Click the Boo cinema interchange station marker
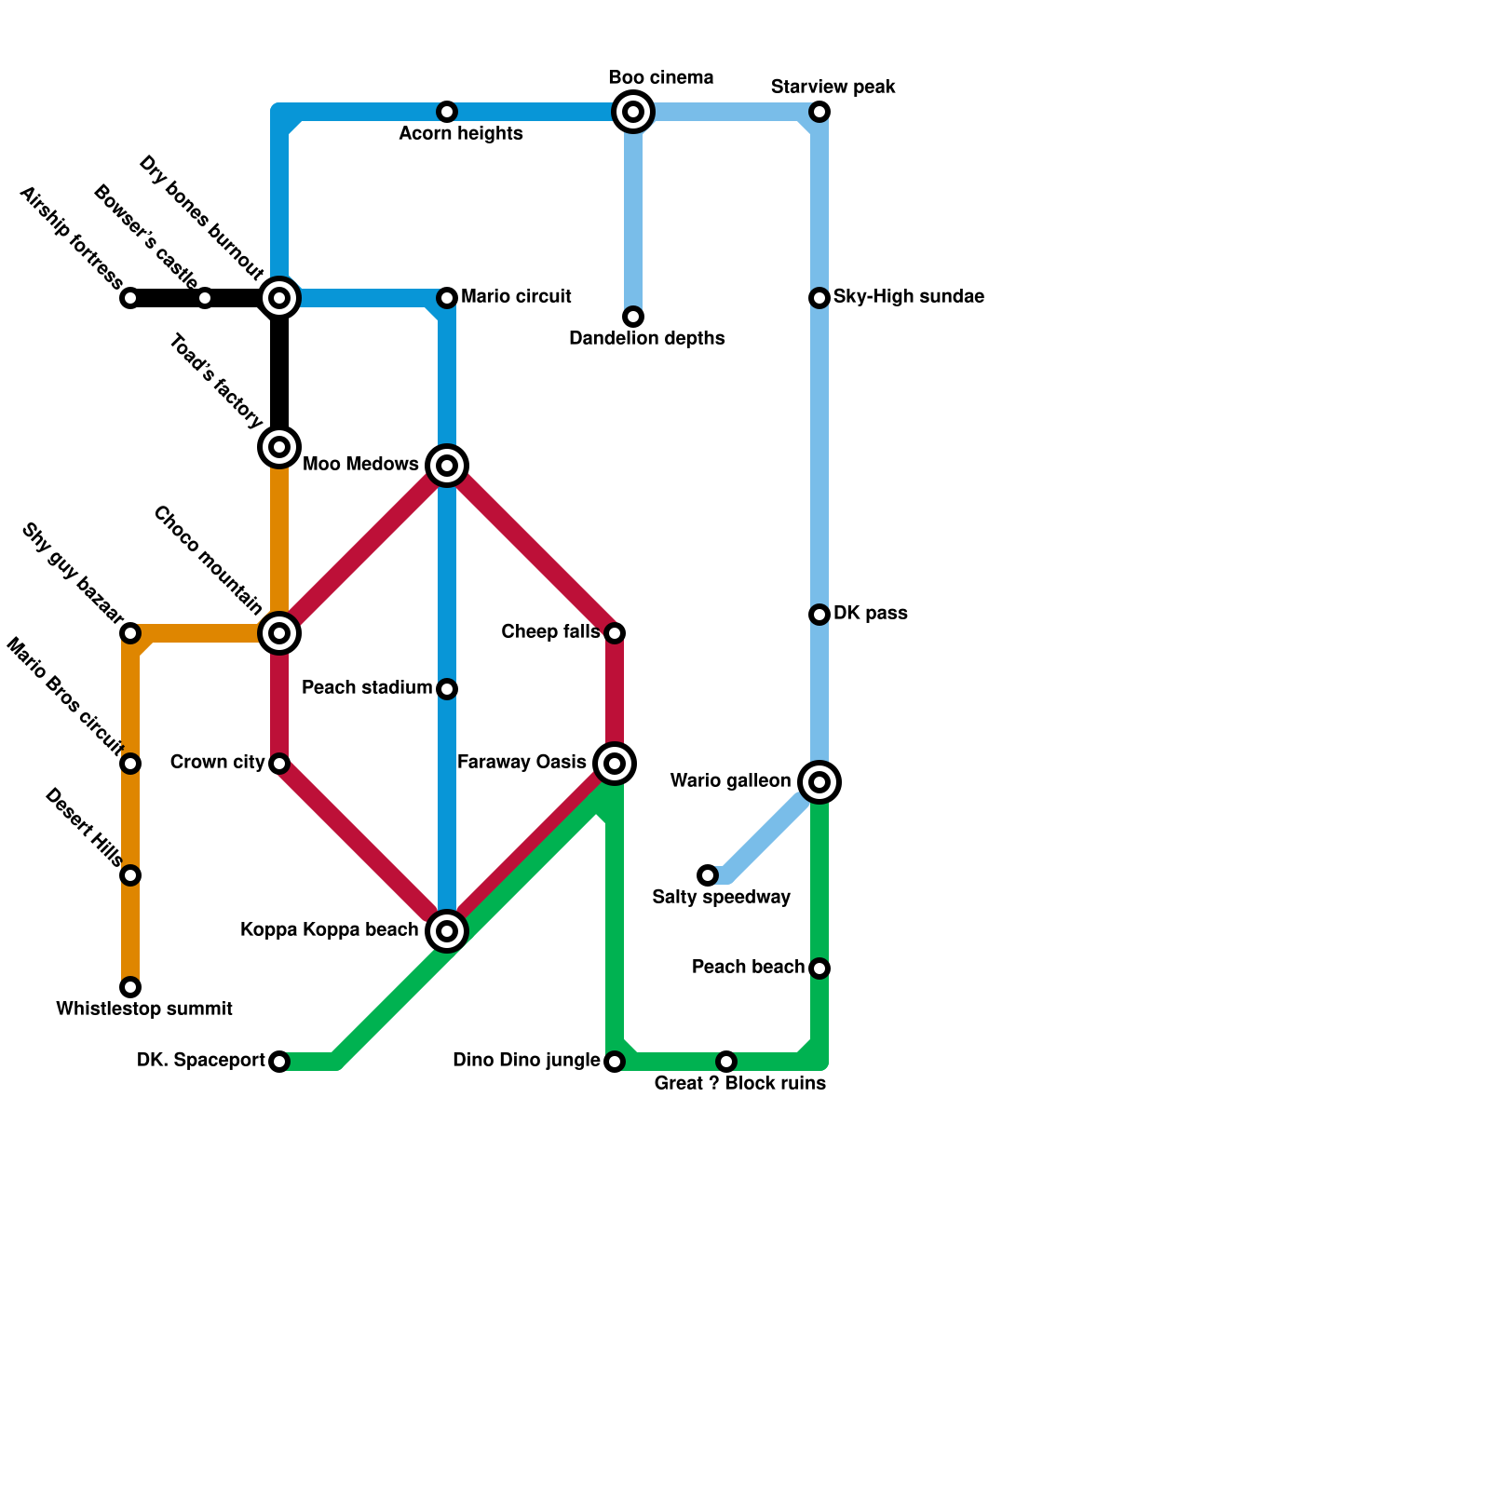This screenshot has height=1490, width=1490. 633,113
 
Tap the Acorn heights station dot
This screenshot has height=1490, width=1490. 447,113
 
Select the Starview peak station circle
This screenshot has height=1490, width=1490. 819,113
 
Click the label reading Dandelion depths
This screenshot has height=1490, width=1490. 646,339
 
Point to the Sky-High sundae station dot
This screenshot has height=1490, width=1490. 819,298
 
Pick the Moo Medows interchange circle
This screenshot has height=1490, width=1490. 447,466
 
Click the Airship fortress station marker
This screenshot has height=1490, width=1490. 130,299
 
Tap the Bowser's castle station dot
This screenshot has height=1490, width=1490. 205,299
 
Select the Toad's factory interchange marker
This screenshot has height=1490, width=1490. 279,448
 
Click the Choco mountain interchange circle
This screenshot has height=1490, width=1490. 279,633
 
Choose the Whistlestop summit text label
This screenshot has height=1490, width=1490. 144,1009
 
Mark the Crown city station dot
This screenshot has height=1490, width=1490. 279,765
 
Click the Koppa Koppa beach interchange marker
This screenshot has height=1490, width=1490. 447,931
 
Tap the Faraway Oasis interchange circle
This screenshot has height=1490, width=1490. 615,765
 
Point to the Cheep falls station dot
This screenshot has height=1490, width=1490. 615,634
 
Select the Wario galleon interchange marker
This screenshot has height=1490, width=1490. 819,783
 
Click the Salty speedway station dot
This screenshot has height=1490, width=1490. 709,875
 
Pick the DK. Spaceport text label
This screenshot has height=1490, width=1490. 201,1061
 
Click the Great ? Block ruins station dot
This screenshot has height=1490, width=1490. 726,1062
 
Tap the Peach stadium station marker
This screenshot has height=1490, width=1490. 447,689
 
